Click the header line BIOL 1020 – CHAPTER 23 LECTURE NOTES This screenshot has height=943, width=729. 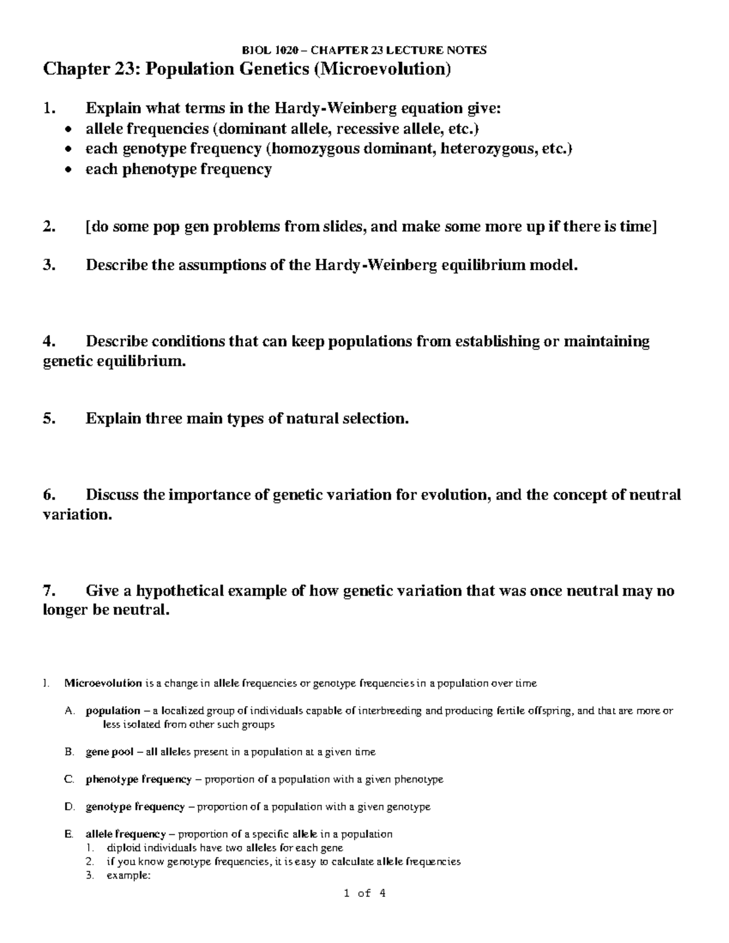364,50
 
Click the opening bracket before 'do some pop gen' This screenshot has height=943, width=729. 88,227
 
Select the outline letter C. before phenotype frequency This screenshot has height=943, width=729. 69,779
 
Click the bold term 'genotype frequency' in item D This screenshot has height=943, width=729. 135,806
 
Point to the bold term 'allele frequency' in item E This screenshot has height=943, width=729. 125,834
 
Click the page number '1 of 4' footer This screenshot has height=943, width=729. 364,893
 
